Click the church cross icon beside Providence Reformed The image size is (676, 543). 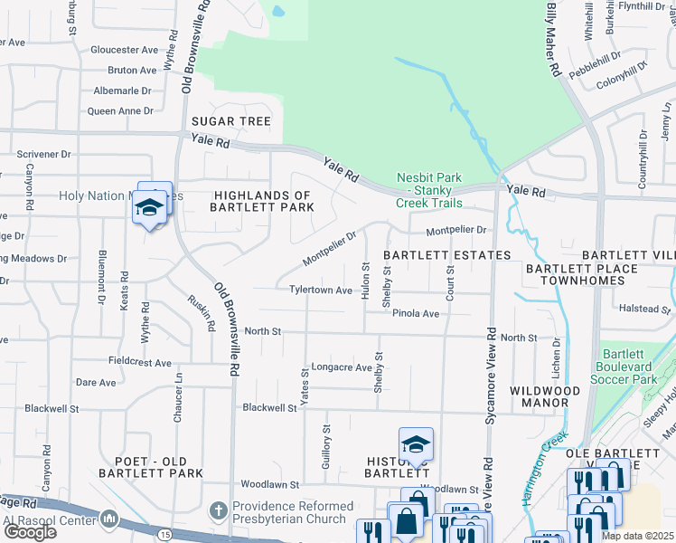[217, 511]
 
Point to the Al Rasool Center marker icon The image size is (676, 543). [109, 519]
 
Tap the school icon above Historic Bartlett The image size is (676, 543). [416, 444]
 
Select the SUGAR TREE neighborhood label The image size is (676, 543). [230, 121]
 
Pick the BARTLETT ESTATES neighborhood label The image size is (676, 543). [446, 256]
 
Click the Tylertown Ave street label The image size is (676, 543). [320, 291]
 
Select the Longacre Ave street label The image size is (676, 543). [342, 367]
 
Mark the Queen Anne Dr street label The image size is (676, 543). [120, 111]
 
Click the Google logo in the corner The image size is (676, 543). [29, 532]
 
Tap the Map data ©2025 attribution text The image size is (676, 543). [637, 536]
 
